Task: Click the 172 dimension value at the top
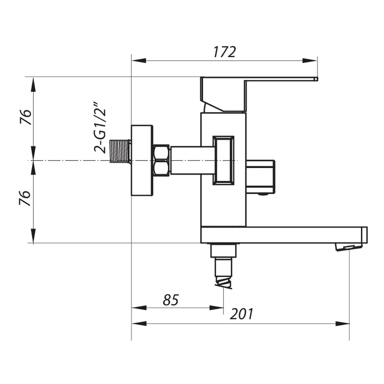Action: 224,52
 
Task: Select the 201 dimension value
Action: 241,314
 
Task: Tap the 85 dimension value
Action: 171,300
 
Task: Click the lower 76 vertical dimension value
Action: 26,198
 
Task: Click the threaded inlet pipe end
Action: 121,151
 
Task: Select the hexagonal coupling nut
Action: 161,160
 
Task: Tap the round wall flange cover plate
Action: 142,160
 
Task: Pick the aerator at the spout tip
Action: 349,247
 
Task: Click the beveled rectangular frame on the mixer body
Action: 223,160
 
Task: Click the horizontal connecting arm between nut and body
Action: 191,160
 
